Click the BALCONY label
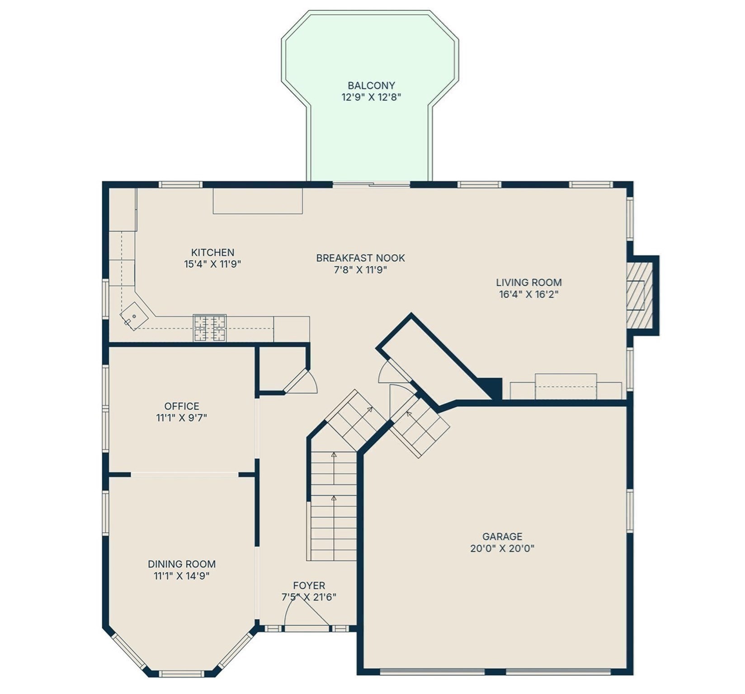point(371,85)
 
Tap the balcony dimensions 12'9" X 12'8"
point(371,97)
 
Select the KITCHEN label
point(212,253)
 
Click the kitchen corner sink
point(134,316)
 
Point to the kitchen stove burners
point(210,328)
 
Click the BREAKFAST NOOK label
point(360,258)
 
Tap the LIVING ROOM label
point(528,282)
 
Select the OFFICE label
point(181,406)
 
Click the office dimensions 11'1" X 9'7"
point(181,418)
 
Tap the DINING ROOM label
point(181,564)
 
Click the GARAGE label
point(502,537)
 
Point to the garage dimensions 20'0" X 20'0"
point(502,549)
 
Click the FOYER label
point(309,586)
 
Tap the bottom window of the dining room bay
point(181,674)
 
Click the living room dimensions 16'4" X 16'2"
point(528,295)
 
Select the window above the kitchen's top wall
point(180,184)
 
